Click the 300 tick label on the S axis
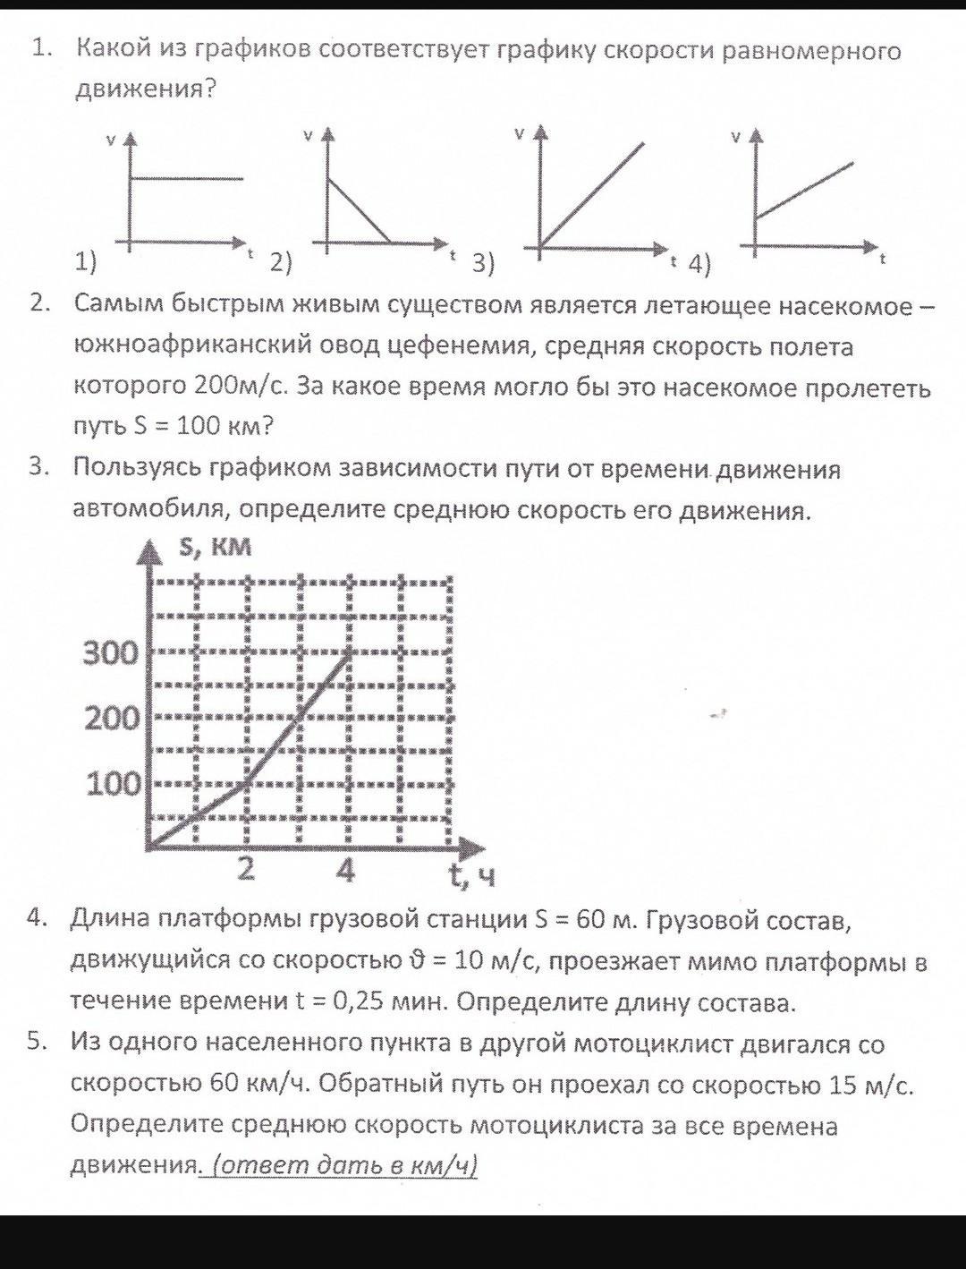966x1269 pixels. pos(111,653)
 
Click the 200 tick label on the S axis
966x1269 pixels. pos(111,718)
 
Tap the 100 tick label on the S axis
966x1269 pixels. pos(113,784)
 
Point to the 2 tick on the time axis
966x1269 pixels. pos(247,868)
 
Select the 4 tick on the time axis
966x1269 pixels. pos(346,868)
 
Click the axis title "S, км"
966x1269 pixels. pos(216,548)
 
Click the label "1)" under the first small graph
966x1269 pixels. pos(85,261)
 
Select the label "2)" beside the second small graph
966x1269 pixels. pos(281,262)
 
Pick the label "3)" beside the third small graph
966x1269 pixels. pos(483,263)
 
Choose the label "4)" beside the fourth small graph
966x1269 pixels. pos(699,264)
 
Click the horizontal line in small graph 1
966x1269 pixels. pos(188,179)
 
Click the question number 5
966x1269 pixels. pos(36,1041)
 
